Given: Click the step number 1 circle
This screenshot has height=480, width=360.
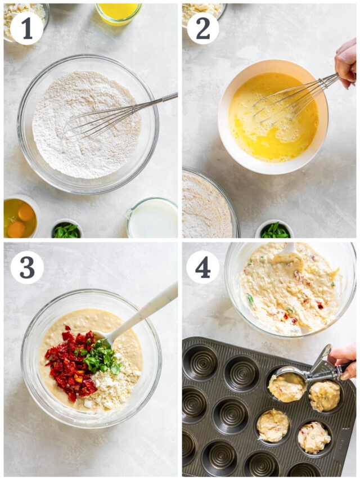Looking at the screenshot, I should pos(26,28).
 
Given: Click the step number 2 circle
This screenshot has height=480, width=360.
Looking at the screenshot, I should pos(202,28).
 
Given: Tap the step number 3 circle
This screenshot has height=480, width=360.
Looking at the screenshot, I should pos(26,267).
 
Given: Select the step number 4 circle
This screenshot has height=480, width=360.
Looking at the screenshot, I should pos(202,267).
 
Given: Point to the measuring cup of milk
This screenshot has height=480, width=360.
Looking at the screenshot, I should pos(152,218).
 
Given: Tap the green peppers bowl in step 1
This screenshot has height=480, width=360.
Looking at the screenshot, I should pos(67,230).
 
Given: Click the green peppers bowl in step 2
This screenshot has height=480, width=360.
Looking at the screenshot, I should pos(275,230).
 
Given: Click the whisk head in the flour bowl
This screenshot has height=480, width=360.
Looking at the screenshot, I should pos(90,123).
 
